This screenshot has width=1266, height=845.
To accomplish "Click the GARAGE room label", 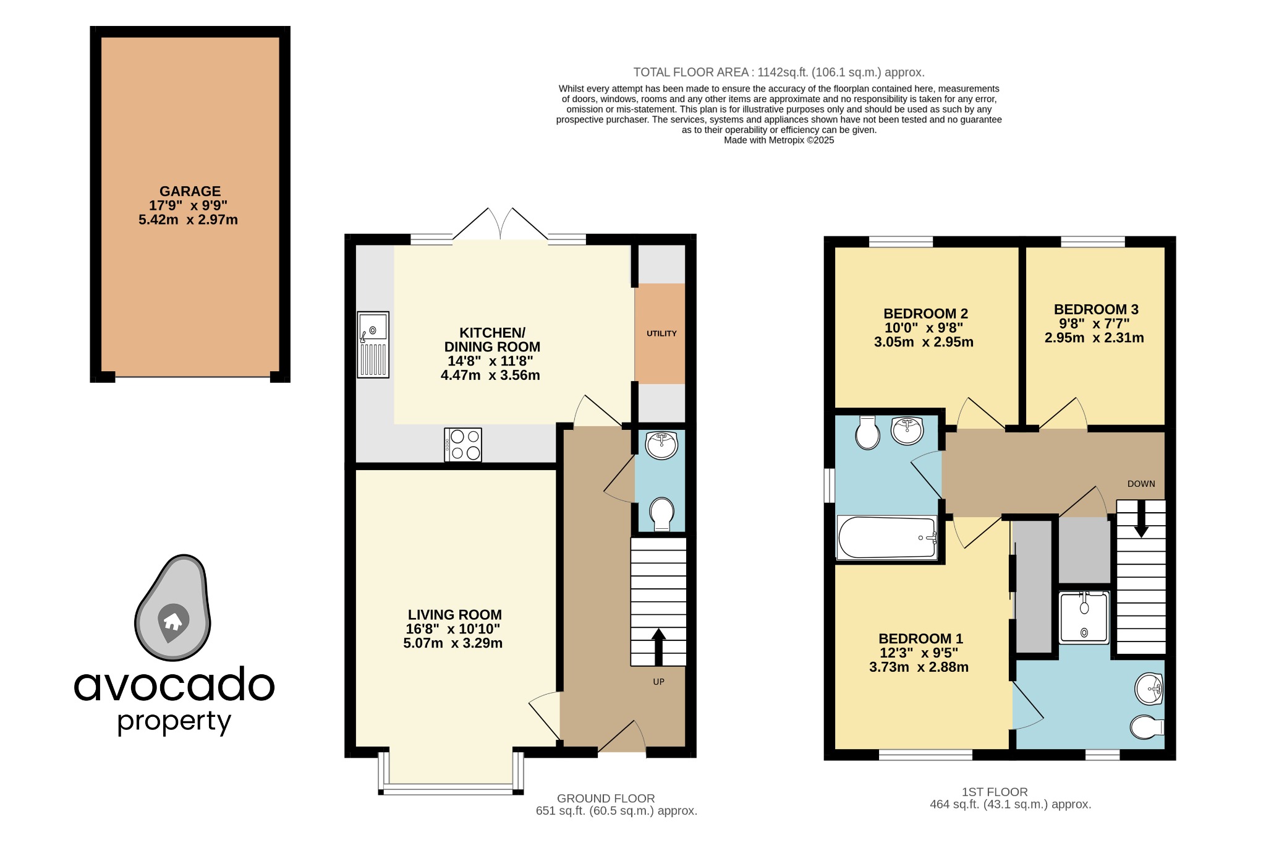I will point(190,192).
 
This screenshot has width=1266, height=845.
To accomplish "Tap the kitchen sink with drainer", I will point(373,345).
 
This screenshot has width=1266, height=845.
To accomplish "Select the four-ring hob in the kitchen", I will point(463,445).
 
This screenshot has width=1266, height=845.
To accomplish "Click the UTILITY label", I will point(661,333).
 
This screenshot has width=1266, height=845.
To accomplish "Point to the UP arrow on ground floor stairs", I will point(658,646).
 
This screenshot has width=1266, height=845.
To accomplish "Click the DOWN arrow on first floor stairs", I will point(1141,518).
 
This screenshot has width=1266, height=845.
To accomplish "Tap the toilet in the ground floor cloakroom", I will point(661,513).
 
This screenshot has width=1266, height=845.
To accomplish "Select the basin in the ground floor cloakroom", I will point(661,445).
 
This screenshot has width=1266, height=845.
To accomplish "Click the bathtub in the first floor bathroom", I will point(886,538).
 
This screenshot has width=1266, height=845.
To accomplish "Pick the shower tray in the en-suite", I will point(1084,617).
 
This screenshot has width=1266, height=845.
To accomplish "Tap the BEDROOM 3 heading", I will point(1096,309).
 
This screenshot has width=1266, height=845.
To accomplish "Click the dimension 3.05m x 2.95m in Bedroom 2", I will point(924,342).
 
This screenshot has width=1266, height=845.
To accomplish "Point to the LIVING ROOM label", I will point(454,615).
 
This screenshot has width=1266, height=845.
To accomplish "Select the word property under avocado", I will point(174,722).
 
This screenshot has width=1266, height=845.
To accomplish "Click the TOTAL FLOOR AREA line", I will point(779,72).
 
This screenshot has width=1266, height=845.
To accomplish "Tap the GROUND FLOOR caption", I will point(606,799).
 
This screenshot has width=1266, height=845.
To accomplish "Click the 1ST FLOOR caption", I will point(995,792).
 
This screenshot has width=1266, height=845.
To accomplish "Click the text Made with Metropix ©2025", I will point(779,140).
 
